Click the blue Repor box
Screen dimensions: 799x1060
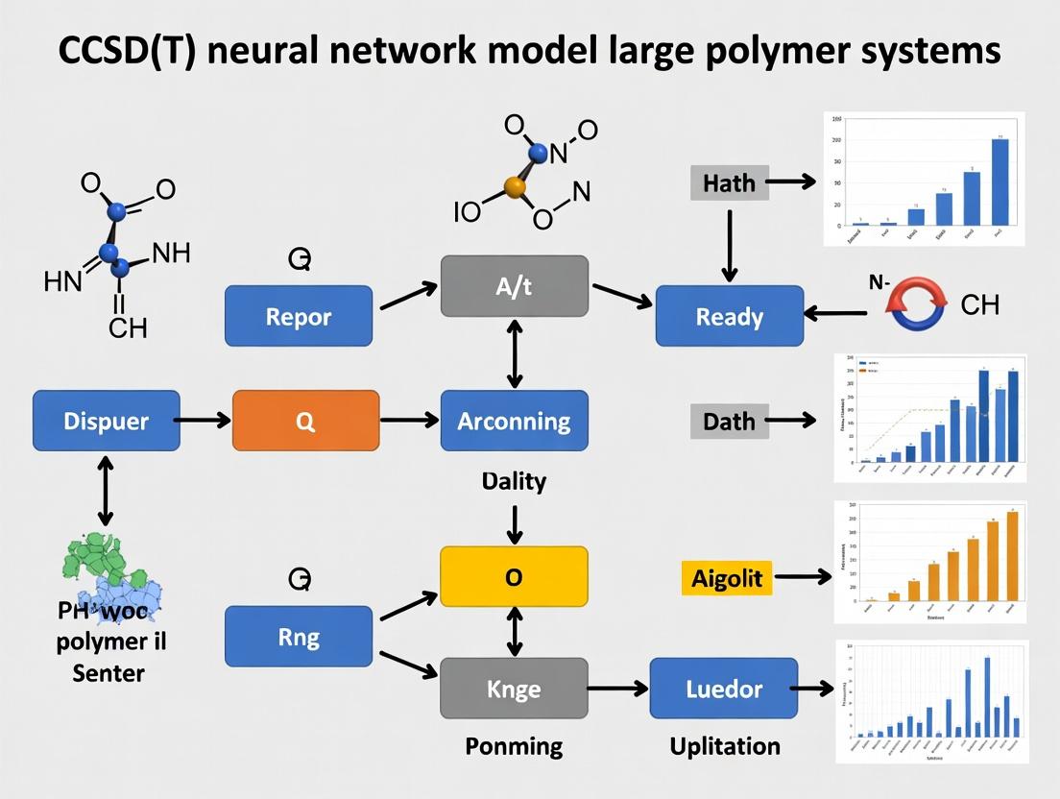(299, 316)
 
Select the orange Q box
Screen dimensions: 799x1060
(305, 421)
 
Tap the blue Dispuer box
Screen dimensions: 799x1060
(106, 421)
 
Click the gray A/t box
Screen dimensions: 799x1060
(514, 286)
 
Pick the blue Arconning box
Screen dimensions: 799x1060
(514, 421)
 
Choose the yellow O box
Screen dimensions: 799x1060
(514, 576)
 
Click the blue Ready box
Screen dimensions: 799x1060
(729, 316)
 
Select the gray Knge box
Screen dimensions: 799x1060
(514, 689)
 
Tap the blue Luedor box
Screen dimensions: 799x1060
(724, 689)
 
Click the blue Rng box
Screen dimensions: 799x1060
(299, 636)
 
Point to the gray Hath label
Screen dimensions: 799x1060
(729, 182)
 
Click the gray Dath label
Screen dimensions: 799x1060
(729, 421)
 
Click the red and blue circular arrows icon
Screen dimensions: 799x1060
(917, 305)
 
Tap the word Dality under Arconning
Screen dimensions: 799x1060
(514, 480)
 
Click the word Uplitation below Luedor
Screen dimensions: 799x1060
(724, 746)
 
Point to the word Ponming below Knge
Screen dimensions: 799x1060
(514, 746)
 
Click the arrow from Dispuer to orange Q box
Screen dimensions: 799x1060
(205, 421)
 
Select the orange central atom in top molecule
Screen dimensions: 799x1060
(515, 187)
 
